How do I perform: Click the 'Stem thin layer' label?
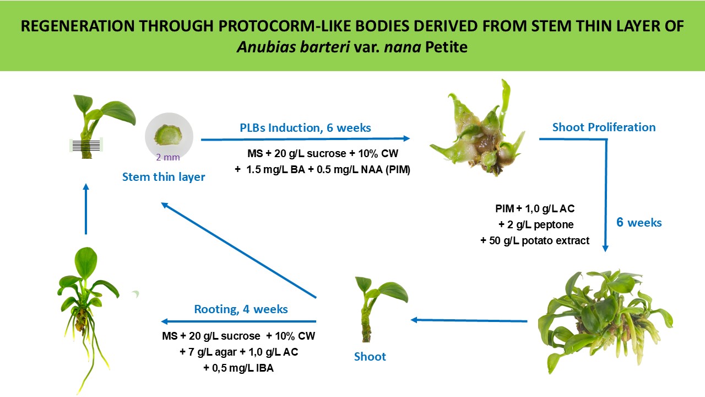coord(164,177)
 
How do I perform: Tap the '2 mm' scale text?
coord(168,157)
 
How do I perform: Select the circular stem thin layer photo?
coord(169,136)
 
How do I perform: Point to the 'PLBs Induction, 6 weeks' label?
coord(305,127)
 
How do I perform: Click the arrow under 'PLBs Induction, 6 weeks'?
coord(305,138)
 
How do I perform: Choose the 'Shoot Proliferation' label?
coord(604,127)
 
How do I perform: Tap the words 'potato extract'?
coord(555,241)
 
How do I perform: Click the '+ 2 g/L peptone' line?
coord(536,224)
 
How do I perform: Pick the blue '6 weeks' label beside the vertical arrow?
coord(639,222)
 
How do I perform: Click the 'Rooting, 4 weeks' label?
coord(241,309)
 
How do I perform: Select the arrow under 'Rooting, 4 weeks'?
coord(238,321)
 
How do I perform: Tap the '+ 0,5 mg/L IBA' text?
coord(238,368)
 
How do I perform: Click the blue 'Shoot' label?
coord(370,357)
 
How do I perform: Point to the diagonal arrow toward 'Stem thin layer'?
coord(238,250)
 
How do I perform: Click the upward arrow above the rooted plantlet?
coord(86,209)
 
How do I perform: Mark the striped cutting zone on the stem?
coord(86,145)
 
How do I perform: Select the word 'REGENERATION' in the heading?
coord(78,26)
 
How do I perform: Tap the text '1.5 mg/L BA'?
coord(276,169)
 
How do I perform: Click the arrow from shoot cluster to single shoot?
coord(469,320)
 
